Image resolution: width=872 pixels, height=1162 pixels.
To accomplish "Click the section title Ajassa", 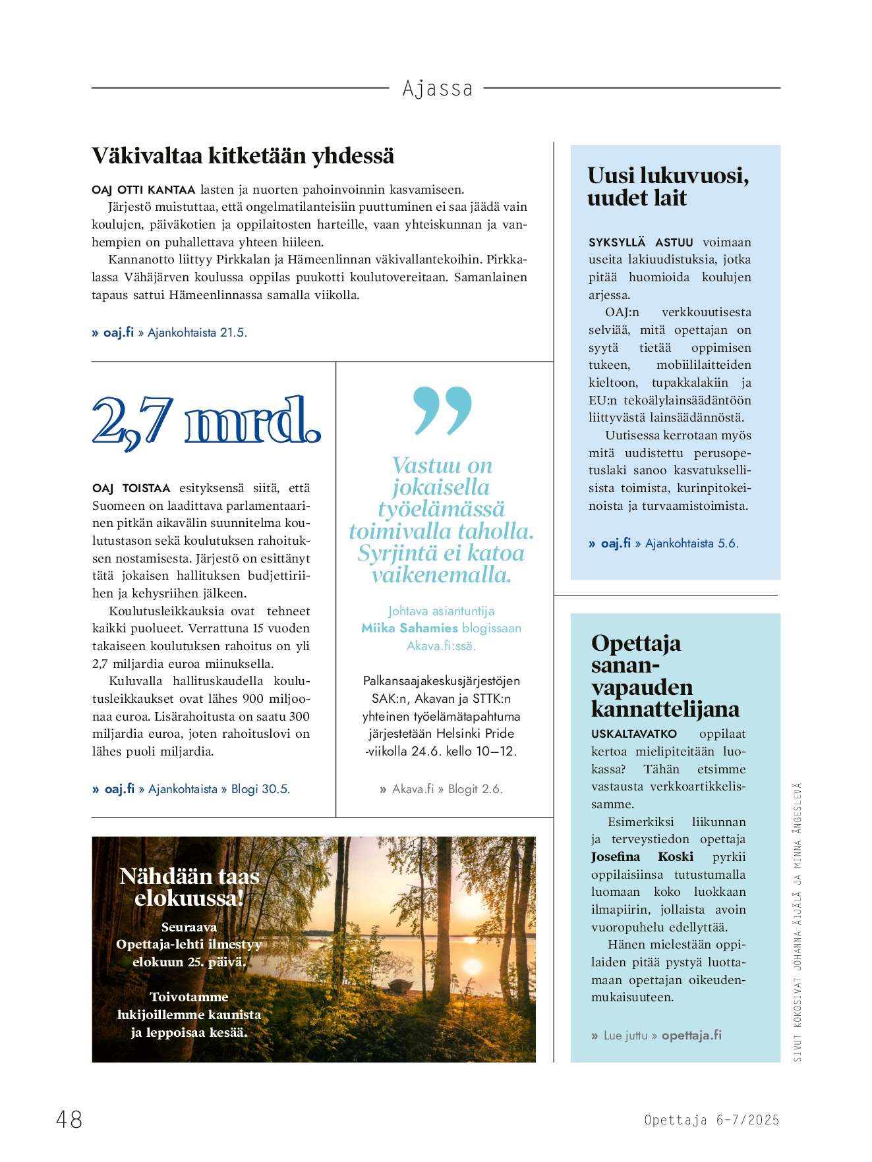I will [437, 88].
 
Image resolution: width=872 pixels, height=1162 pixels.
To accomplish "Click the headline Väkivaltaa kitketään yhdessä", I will [243, 156].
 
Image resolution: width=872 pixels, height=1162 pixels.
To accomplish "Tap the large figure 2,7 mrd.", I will [206, 422].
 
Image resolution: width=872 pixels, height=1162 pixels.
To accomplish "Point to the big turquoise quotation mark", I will [442, 410].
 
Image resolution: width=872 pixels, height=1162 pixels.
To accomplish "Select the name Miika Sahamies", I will [409, 628].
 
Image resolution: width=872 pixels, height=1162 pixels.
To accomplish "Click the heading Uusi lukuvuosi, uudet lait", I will [668, 186].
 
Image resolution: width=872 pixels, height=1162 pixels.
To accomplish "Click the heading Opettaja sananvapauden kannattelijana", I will [664, 676].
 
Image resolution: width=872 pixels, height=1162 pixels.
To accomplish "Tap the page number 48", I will [69, 1119].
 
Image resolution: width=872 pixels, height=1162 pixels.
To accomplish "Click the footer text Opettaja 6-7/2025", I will [711, 1120].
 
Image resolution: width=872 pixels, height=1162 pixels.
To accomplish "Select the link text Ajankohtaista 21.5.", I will [197, 333].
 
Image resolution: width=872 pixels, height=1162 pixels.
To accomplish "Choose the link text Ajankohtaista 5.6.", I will [691, 543].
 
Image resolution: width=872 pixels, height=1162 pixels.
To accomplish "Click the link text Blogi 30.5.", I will [260, 789].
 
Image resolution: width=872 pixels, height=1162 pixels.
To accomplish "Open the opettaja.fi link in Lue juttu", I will [691, 1036].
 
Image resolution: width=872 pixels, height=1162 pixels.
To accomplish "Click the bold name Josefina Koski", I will [641, 857].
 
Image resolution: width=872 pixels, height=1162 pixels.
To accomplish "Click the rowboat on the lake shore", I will [401, 985].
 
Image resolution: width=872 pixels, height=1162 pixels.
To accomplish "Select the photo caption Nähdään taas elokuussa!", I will [189, 887].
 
